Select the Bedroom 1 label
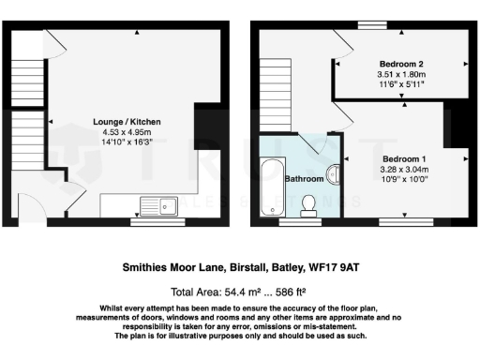pos(406,159)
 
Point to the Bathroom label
pos(305,178)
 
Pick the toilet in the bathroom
pos(309,205)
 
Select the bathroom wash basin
pos(335,176)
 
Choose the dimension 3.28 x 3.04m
pos(406,170)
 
